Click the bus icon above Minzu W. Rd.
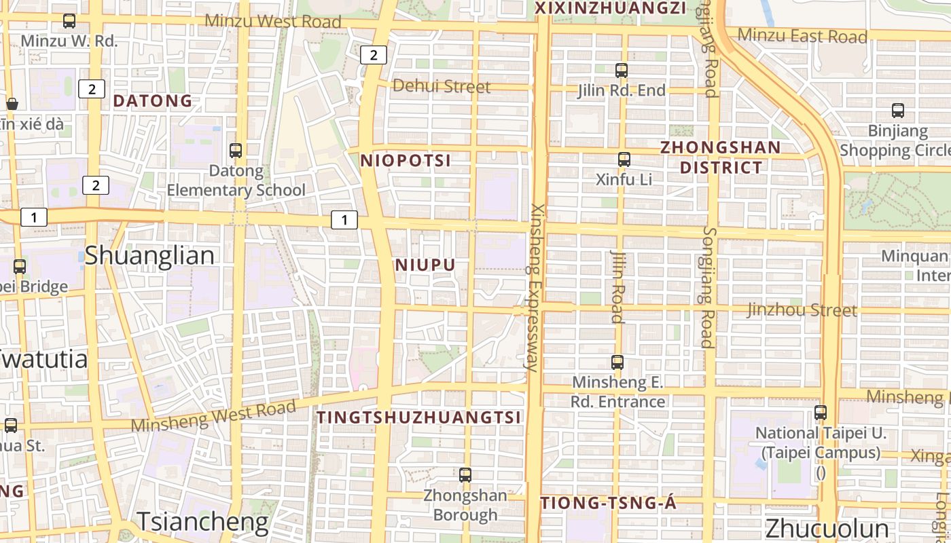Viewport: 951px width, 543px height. tap(69, 21)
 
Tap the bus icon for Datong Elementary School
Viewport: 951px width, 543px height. tap(236, 151)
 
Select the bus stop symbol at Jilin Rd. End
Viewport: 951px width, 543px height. tap(621, 70)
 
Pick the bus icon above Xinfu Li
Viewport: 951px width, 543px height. tap(624, 160)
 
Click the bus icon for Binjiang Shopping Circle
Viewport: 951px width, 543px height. tap(898, 111)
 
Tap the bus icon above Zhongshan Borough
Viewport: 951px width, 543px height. tap(465, 475)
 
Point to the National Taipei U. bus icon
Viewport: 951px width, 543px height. tap(821, 412)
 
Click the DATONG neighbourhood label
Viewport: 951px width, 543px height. tap(153, 101)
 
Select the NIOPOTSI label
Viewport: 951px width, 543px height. tap(406, 161)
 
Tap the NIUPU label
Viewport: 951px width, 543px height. tap(425, 265)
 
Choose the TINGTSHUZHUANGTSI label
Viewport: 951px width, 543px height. tap(420, 417)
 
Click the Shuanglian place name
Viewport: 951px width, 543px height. tap(149, 256)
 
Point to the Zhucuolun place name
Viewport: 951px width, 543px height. tap(827, 529)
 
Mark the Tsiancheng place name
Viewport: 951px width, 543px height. tap(203, 521)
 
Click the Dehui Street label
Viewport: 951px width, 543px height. tap(442, 86)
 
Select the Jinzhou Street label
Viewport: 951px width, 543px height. tap(802, 310)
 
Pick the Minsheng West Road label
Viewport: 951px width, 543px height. tap(213, 415)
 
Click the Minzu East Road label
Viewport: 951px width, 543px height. tap(802, 35)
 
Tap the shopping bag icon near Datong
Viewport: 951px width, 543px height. tap(12, 104)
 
